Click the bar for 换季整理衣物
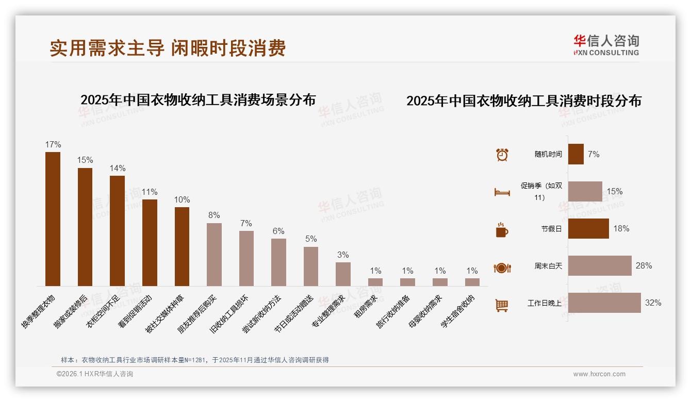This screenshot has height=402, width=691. coord(53,219)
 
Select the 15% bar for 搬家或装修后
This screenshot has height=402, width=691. coord(85,227)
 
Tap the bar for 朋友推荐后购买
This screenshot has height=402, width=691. coord(214,254)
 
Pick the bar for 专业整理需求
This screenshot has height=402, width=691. coord(343,274)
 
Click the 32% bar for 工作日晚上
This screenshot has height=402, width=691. coord(604,303)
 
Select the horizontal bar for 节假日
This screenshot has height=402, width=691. coord(588,229)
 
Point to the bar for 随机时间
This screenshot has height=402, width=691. coord(576,154)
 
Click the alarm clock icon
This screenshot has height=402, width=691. coord(502,155)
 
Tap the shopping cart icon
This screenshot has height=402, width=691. coord(502,305)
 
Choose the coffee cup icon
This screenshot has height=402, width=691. coord(502,230)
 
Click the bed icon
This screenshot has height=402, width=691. coord(502,192)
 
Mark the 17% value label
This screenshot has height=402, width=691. coord(53,145)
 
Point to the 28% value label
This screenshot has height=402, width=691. coord(644,266)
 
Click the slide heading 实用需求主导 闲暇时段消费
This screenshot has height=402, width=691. coord(168,48)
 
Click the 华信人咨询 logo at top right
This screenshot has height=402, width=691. coord(606,45)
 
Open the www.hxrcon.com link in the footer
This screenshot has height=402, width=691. coord(599,374)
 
